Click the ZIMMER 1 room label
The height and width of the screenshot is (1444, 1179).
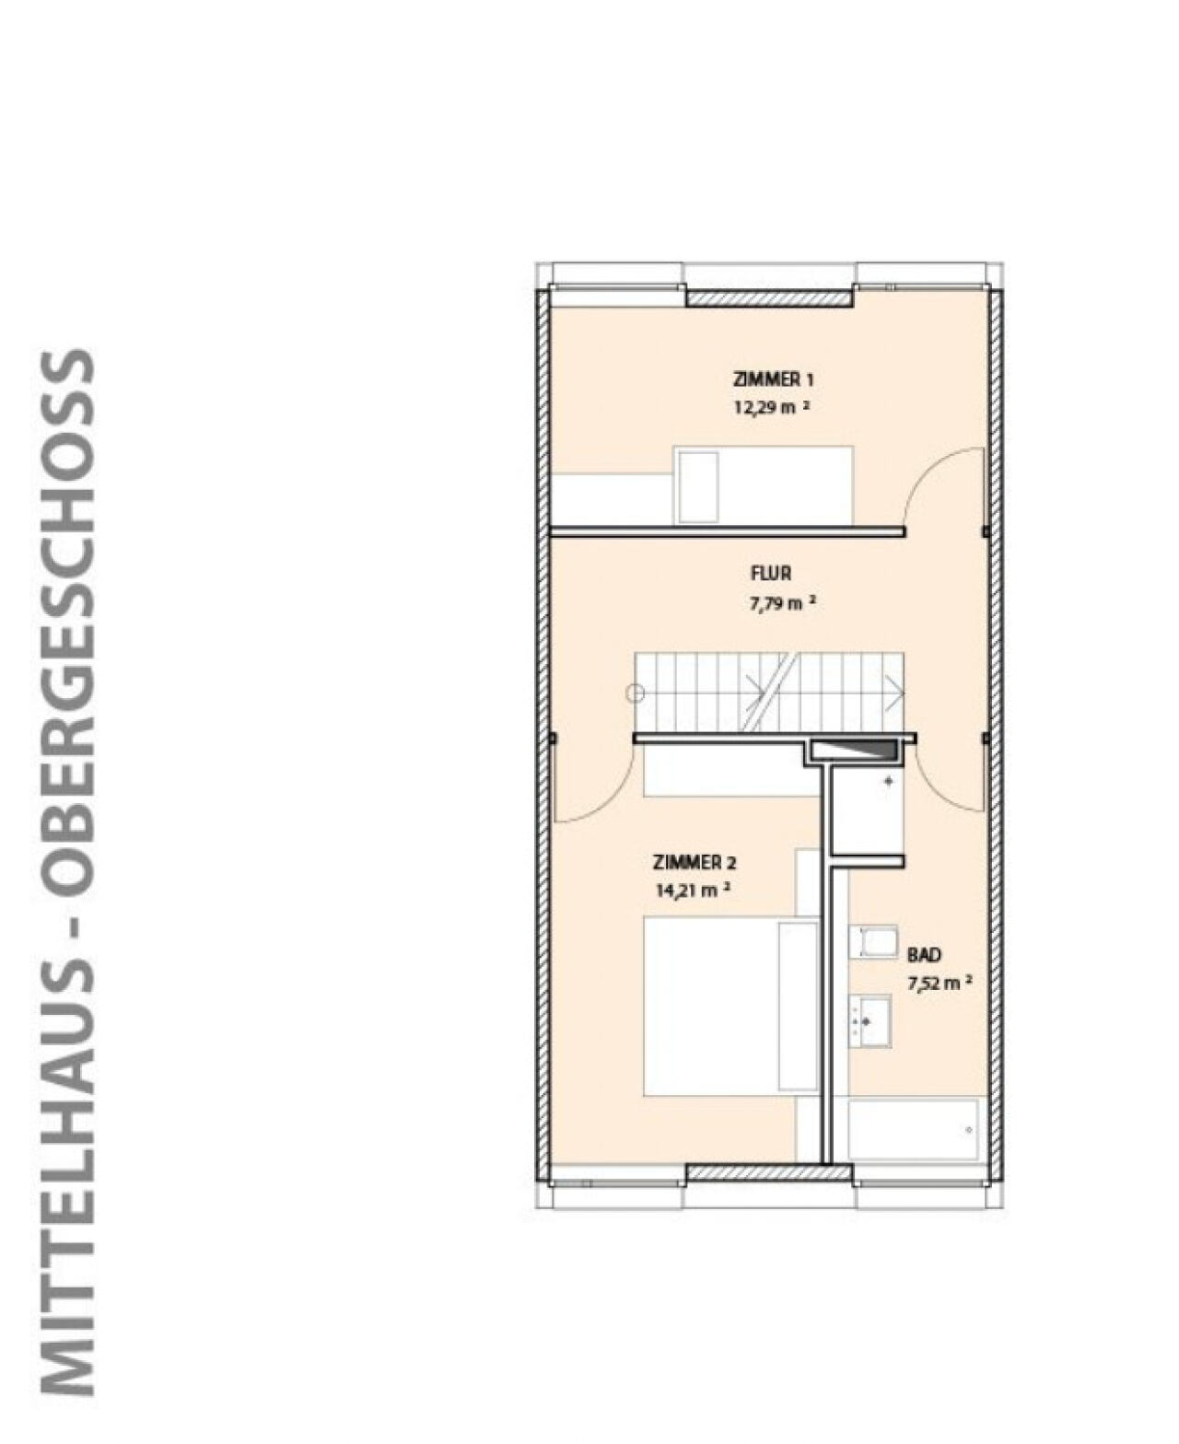click(x=773, y=379)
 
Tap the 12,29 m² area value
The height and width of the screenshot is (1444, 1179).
click(x=771, y=408)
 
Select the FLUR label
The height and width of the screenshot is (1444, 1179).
click(x=771, y=574)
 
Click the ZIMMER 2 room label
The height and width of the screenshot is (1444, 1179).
click(x=694, y=863)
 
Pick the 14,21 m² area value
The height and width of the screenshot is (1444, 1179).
click(x=693, y=891)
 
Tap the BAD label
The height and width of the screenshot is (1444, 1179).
click(x=924, y=955)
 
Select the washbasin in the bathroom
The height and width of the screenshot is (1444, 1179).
click(x=870, y=1020)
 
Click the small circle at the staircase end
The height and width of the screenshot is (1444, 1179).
click(x=636, y=693)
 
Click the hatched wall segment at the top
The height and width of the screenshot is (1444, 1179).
click(x=770, y=297)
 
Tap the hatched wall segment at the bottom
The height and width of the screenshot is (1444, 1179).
click(x=769, y=1172)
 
